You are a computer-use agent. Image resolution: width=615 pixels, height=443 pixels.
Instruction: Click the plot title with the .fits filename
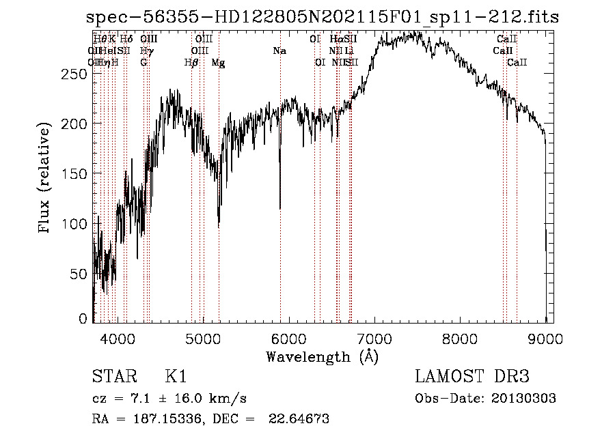pos(323,17)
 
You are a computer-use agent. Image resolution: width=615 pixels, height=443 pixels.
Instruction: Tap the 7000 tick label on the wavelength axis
pos(374,337)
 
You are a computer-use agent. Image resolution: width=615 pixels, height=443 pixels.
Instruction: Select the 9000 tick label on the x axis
pos(545,337)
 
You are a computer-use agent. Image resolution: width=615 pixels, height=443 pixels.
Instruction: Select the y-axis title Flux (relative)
pos(46,179)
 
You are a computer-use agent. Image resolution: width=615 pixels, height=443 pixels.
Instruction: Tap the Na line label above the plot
pos(279,51)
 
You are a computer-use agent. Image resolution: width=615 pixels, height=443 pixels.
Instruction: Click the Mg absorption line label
pos(218,63)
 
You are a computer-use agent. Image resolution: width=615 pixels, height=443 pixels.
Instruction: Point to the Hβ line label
pos(191,63)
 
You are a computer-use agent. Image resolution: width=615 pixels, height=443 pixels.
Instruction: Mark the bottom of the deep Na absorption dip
pos(280,208)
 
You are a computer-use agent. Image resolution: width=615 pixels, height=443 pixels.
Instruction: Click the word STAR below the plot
pos(113,377)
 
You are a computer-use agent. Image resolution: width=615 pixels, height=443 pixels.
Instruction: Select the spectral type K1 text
pos(176,377)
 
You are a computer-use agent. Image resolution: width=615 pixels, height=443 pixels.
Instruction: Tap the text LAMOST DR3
pos(472,377)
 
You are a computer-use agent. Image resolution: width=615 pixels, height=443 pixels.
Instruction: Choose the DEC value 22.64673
pos(301,419)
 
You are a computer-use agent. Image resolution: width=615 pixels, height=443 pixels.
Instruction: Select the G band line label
pos(143,63)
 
